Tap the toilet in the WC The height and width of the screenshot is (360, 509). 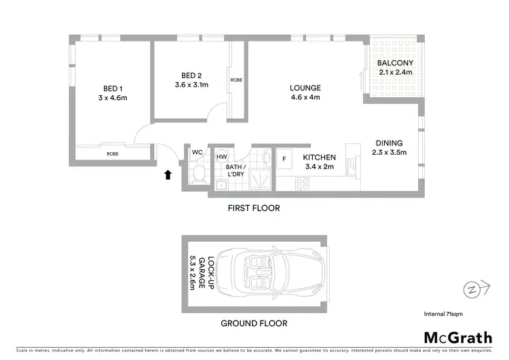198,175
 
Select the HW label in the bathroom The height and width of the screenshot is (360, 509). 221,157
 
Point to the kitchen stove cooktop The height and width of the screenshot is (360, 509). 303,183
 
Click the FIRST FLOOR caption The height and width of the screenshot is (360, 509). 254,209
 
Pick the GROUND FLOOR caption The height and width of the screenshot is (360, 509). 254,323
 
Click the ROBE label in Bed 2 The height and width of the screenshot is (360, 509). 236,80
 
